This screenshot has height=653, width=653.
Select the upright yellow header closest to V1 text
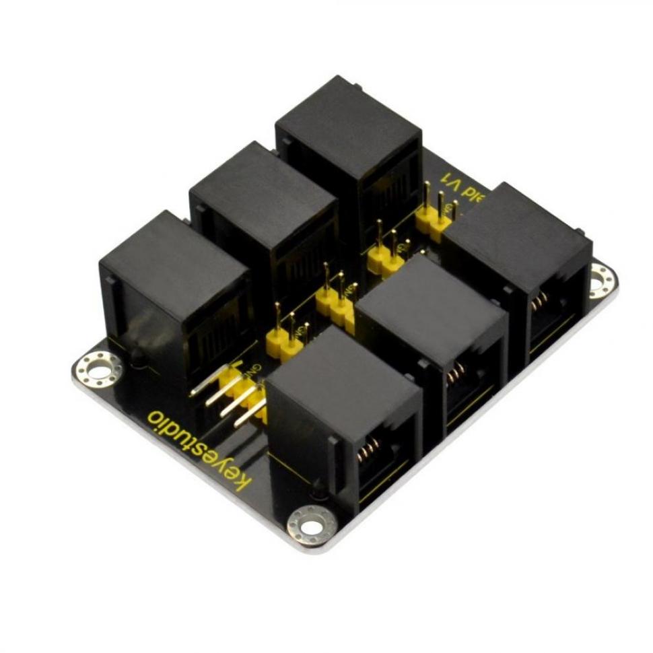coord(435,217)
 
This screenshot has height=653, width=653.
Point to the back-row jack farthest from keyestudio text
coord(347,118)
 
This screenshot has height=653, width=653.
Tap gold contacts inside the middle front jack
coord(456,372)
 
